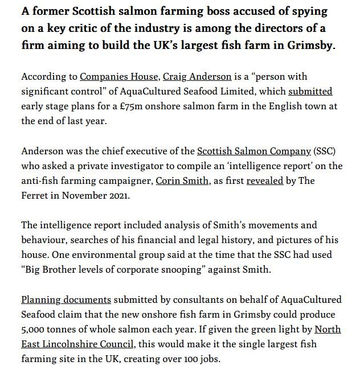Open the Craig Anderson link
click(x=197, y=76)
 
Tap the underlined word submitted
click(x=310, y=91)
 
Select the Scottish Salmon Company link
click(x=254, y=151)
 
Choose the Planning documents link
click(x=66, y=299)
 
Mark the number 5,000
click(x=34, y=330)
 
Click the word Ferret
click(x=36, y=195)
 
